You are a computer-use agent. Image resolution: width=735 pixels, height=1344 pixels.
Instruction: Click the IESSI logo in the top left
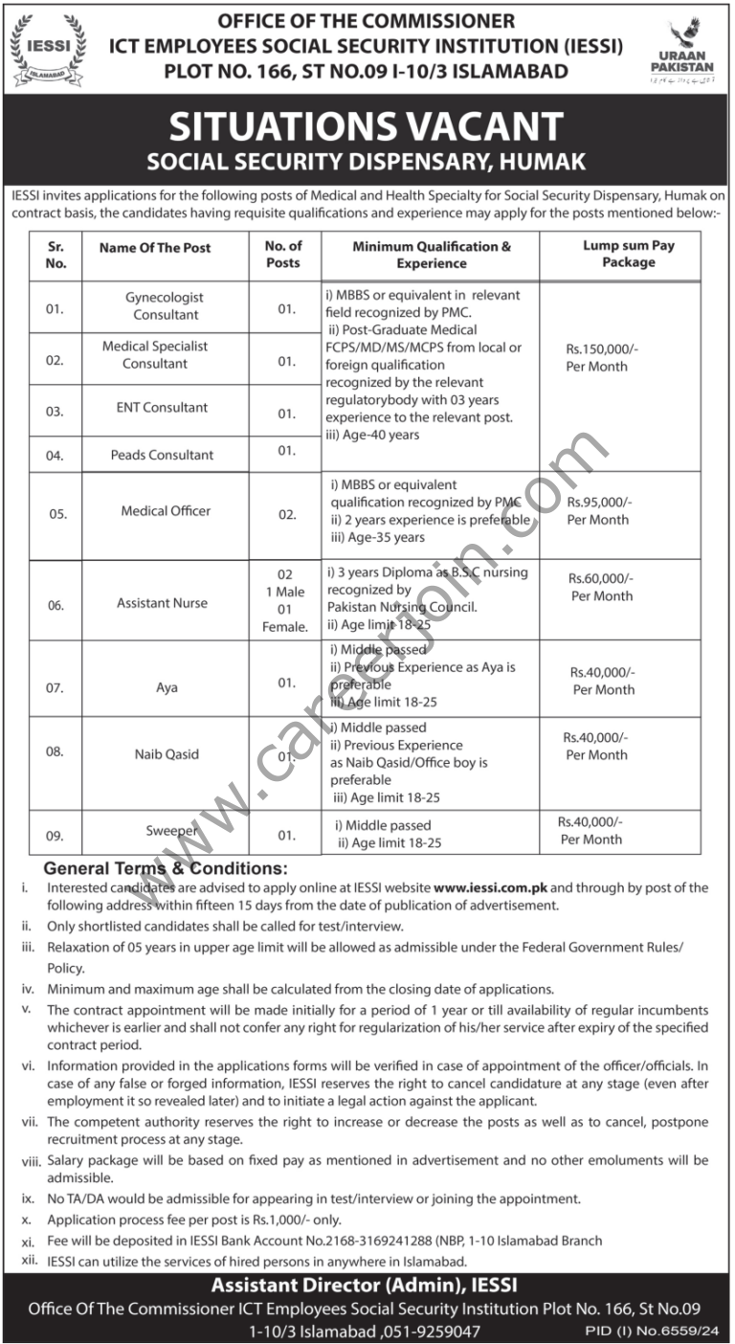[x=48, y=45]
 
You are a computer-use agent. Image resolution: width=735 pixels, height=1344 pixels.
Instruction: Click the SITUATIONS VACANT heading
[x=367, y=126]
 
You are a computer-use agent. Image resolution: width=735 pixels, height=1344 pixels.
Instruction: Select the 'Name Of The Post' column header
[x=155, y=247]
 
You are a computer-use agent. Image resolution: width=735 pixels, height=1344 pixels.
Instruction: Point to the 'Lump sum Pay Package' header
[x=629, y=254]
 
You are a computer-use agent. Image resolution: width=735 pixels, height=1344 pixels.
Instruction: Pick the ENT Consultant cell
[x=161, y=408]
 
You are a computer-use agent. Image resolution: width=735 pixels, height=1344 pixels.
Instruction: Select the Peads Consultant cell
[x=161, y=455]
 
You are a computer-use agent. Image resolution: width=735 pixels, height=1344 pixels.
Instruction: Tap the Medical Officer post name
[x=166, y=511]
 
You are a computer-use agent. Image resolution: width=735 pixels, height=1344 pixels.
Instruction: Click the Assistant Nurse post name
[x=162, y=603]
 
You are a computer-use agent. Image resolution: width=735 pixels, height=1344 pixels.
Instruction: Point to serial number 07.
[x=55, y=688]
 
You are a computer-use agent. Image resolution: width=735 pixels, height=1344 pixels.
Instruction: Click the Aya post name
[x=167, y=688]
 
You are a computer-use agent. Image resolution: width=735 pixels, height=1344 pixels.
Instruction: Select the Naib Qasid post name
[x=167, y=754]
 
